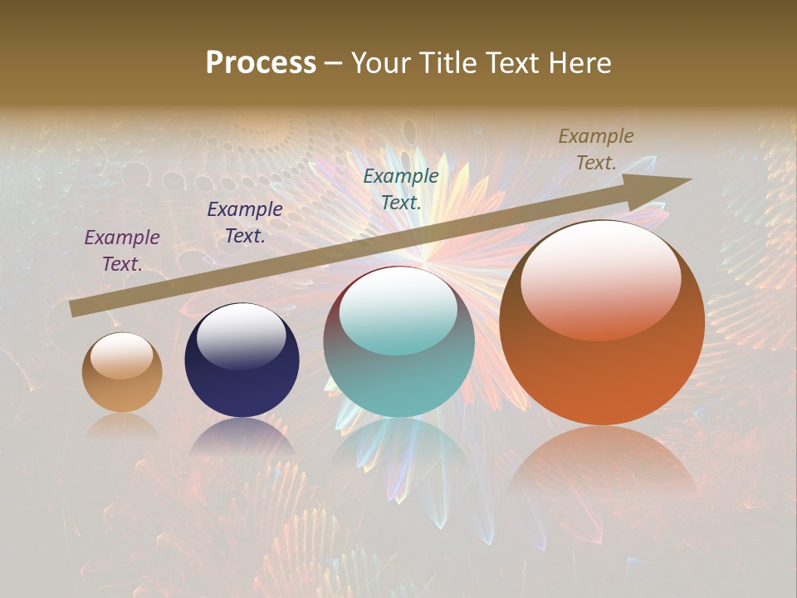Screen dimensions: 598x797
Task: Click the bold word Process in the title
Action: [261, 63]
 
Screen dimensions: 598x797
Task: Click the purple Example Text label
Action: [122, 250]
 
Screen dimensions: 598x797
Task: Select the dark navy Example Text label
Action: [245, 223]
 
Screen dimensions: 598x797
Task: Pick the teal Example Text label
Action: [401, 189]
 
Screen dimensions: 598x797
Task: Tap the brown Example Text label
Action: [596, 149]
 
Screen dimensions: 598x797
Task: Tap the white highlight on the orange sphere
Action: [600, 278]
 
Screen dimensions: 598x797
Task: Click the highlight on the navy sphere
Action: [242, 336]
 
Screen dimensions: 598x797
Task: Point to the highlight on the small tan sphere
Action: [122, 355]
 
